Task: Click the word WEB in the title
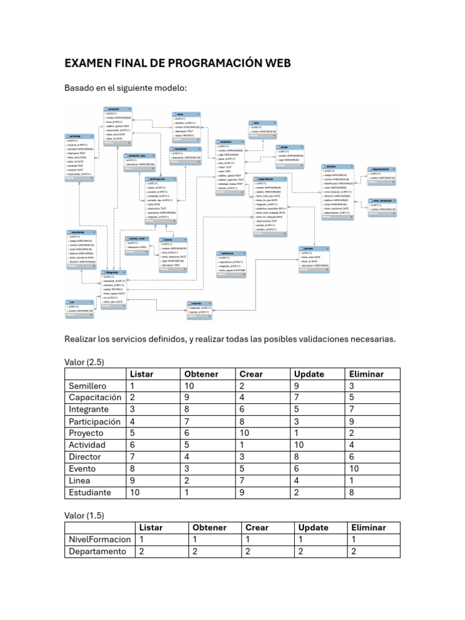click(x=274, y=63)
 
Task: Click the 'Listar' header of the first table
click(x=142, y=374)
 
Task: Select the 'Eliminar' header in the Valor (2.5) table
click(x=366, y=374)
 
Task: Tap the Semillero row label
click(x=87, y=386)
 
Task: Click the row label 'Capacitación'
click(x=95, y=398)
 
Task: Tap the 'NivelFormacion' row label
click(x=99, y=539)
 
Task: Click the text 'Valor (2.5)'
click(x=84, y=362)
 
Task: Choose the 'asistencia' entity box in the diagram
click(x=231, y=264)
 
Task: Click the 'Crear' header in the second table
click(x=257, y=527)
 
